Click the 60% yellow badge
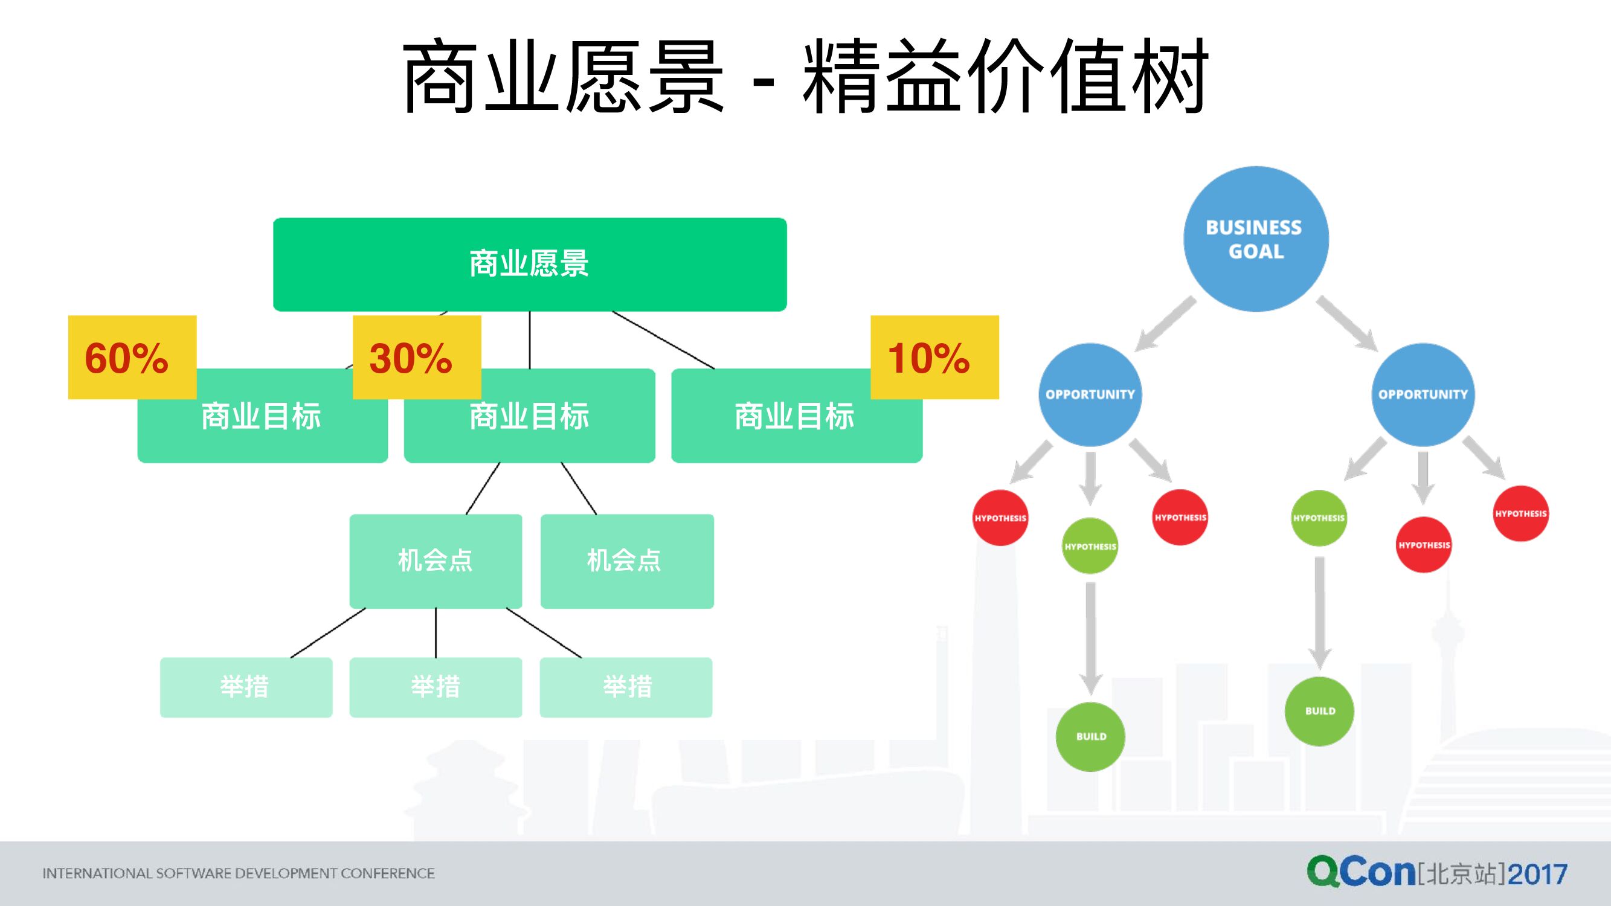132,357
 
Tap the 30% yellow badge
417,357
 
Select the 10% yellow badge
934,357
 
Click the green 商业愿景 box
530,264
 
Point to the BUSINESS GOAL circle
1256,239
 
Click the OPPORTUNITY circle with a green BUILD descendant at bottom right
1423,394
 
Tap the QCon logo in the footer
1361,872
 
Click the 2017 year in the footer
1537,873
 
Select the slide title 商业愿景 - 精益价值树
805,76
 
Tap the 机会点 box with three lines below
436,561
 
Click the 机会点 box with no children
626,561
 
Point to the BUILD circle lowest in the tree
1090,736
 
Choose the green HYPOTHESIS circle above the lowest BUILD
1090,546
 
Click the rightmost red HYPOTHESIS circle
1520,513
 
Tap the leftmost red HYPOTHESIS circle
1000,518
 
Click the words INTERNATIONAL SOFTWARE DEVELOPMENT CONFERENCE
238,873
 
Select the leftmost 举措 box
246,687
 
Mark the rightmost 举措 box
626,687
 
